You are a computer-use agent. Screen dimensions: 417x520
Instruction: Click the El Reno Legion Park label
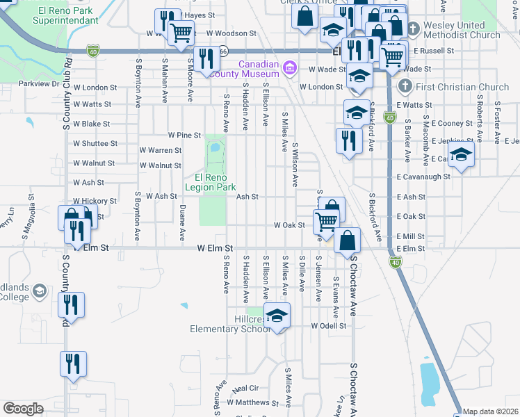(x=211, y=182)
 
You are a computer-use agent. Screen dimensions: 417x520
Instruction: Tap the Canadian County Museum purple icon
(x=290, y=68)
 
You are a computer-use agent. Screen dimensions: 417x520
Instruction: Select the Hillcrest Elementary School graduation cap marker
(x=277, y=316)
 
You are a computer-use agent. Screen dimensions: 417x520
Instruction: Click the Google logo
(x=23, y=409)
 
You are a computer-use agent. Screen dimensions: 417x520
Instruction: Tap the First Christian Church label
(x=454, y=87)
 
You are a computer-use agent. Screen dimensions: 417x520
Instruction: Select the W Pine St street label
(x=184, y=134)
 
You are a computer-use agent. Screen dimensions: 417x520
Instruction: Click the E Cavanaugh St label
(x=423, y=177)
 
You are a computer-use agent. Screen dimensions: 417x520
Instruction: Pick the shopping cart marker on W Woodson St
(x=181, y=31)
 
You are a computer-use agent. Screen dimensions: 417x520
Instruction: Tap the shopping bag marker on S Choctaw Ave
(x=348, y=240)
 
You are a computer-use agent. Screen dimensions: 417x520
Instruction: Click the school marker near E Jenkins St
(x=460, y=156)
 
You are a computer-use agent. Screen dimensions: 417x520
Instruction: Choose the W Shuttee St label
(x=95, y=144)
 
